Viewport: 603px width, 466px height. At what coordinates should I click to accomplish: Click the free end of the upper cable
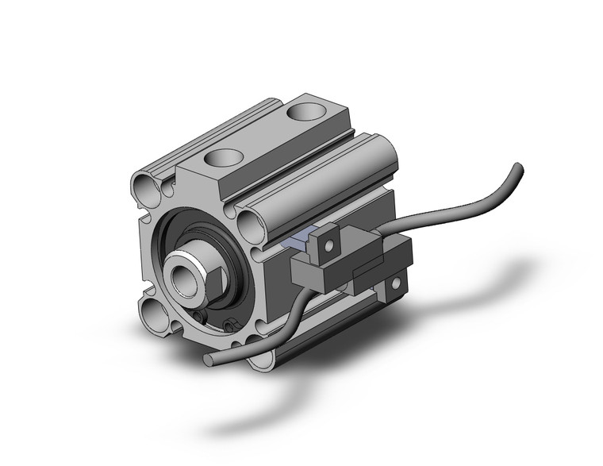pos(518,168)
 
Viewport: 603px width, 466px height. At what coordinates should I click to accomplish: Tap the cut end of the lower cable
pos(207,361)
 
